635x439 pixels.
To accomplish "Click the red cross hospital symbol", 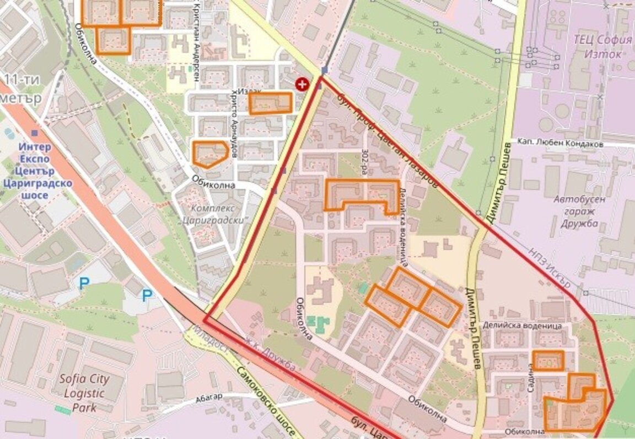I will pos(302,84).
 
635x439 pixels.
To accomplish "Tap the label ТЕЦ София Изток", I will pos(602,47).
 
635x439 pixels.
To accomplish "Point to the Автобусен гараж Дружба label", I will pos(579,212).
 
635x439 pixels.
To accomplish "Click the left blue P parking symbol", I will pos(83,284).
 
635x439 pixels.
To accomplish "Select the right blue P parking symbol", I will pos(147,296).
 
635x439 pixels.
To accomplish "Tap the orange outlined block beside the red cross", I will pos(270,103).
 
